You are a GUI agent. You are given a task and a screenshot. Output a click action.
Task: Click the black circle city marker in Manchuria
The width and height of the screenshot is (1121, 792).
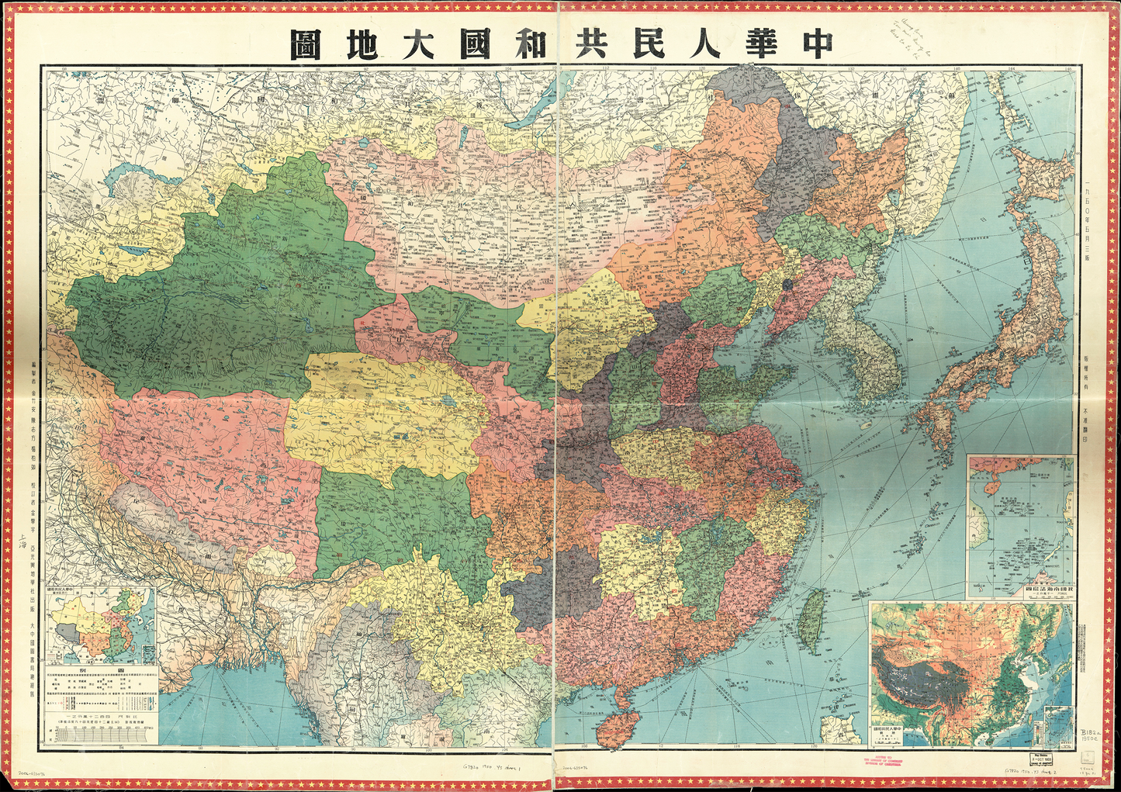(787, 285)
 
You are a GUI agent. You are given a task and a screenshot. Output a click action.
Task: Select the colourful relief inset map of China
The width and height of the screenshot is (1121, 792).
(970, 673)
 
